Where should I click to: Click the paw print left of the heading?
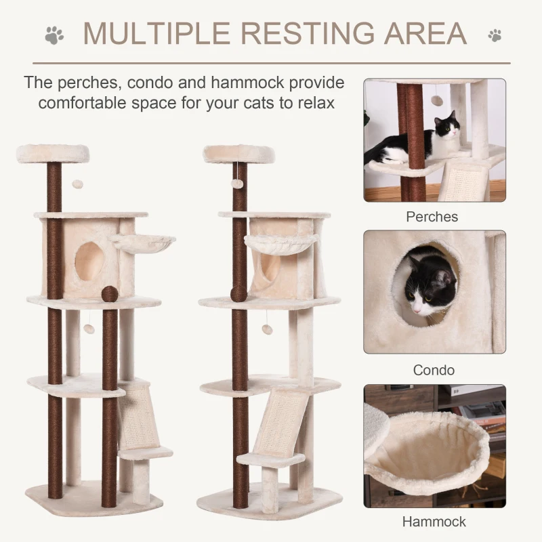(54, 33)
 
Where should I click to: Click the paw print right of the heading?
(495, 34)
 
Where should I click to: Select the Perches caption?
(432, 217)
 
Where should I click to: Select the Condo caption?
(434, 370)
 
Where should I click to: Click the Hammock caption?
(434, 522)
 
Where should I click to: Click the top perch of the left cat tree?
(53, 153)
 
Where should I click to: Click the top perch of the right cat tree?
(239, 153)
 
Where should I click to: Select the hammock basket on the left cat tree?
(142, 243)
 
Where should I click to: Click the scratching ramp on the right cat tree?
(280, 420)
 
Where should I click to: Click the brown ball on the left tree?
(108, 295)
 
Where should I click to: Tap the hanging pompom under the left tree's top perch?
(78, 184)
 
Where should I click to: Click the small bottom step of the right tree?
(271, 459)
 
